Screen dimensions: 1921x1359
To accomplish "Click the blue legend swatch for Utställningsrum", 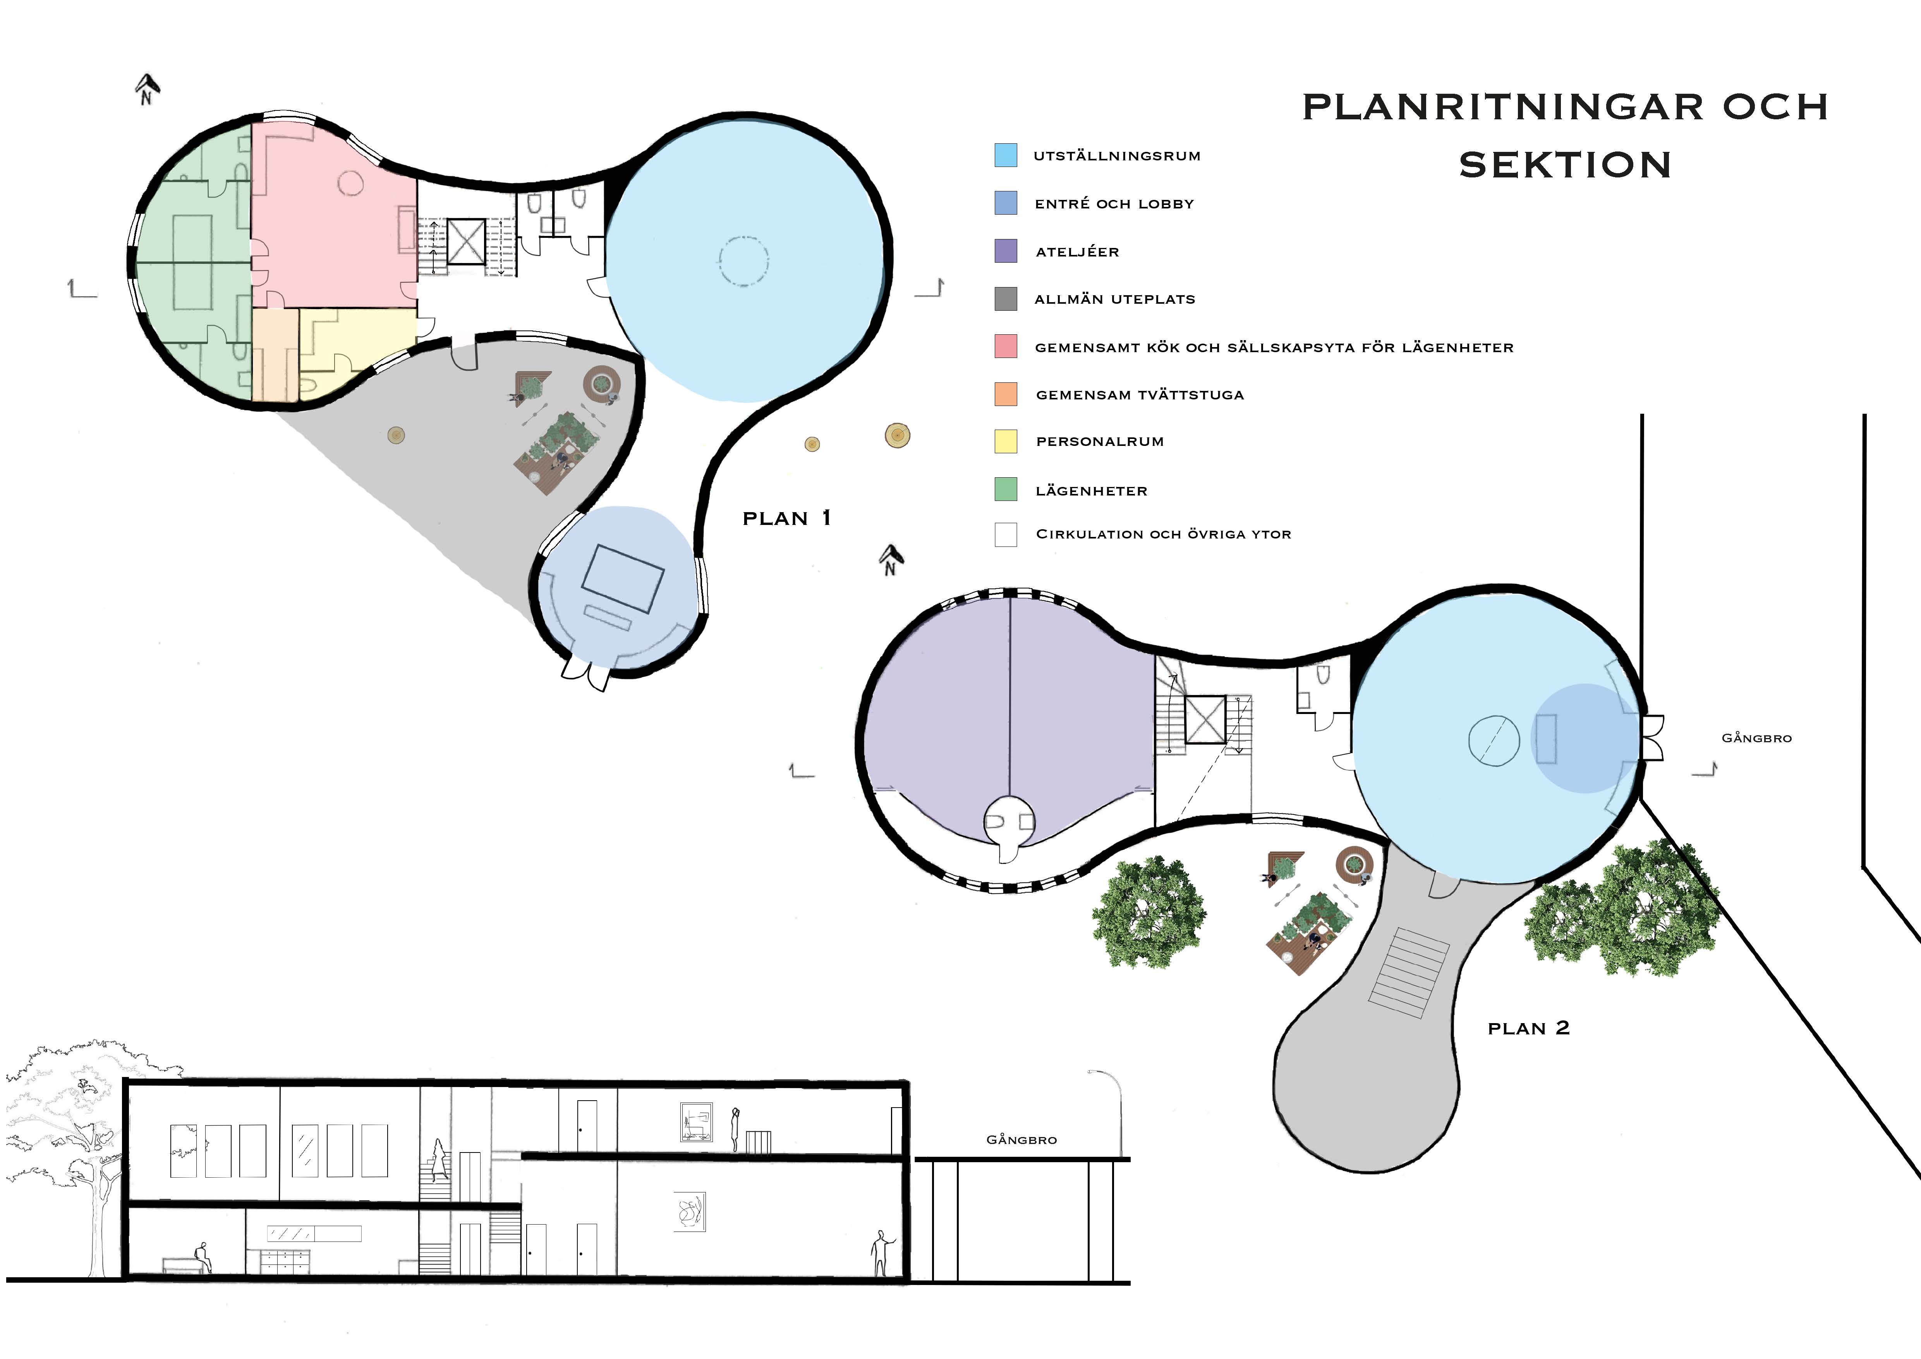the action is pyautogui.click(x=1006, y=155).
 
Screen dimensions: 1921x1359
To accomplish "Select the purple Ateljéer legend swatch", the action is pyautogui.click(x=1006, y=251).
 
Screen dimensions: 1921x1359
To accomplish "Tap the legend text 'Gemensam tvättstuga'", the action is pyautogui.click(x=1140, y=395).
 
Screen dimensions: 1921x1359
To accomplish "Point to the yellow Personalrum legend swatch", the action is pyautogui.click(x=1006, y=441).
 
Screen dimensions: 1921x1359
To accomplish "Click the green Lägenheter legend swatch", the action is pyautogui.click(x=1006, y=490).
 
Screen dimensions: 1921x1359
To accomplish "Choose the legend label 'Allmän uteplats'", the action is pyautogui.click(x=1114, y=299).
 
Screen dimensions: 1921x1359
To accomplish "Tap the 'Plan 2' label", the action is pyautogui.click(x=1529, y=1029).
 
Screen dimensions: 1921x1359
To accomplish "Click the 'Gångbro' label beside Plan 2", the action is pyautogui.click(x=1756, y=738).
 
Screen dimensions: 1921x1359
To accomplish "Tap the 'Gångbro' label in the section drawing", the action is pyautogui.click(x=1021, y=1140).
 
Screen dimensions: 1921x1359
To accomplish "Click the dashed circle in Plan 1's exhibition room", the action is pyautogui.click(x=742, y=262).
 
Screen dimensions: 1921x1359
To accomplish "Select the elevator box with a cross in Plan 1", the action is pyautogui.click(x=466, y=242).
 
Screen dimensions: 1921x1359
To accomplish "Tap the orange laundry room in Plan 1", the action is pyautogui.click(x=275, y=356).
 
